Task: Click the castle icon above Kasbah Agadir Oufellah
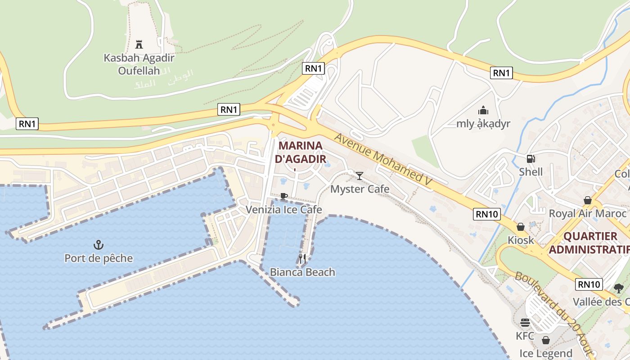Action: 139,45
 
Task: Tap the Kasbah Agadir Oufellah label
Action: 139,64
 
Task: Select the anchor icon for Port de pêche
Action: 98,245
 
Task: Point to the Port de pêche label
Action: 99,258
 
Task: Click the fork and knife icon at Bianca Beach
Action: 302,258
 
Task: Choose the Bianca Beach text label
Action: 302,272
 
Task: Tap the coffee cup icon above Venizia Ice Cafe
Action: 283,196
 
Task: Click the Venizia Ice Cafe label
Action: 283,210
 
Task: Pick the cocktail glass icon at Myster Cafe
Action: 360,175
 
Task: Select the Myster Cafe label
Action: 360,189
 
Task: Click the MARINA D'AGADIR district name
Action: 301,152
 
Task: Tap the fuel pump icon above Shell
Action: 531,158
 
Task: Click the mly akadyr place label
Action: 483,124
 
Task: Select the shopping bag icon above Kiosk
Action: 521,227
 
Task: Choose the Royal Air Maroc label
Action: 587,214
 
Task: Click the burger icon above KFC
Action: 525,323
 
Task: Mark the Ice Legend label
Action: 546,354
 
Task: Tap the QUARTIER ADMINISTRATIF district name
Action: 590,243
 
